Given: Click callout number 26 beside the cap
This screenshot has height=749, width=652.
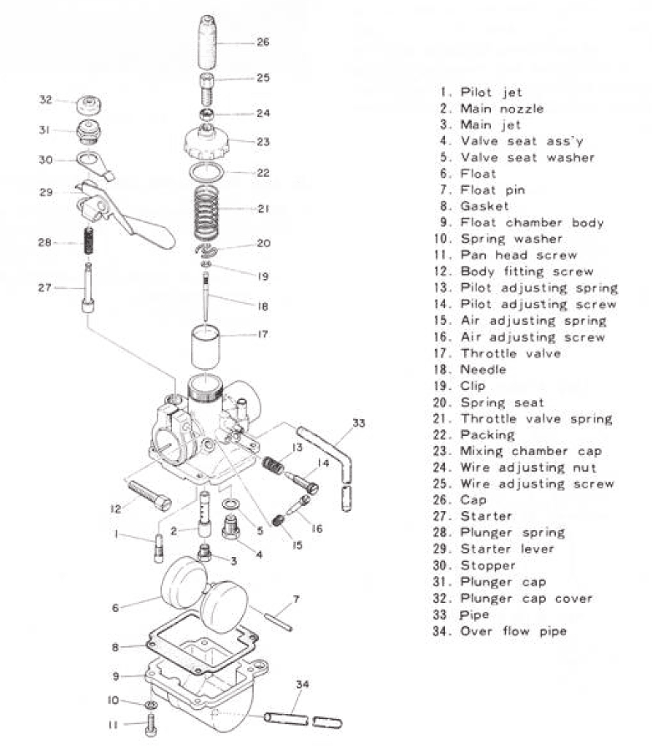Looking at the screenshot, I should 263,41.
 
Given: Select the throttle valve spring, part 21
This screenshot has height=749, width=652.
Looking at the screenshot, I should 207,209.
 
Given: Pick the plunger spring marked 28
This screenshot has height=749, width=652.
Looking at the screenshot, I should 88,242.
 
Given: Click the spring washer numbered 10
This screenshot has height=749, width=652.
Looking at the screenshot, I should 152,706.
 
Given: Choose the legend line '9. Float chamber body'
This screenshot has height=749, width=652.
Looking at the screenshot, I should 532,223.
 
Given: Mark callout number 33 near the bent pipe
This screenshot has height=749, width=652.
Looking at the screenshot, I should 358,423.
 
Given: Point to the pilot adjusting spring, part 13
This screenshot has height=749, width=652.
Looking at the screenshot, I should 273,464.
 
